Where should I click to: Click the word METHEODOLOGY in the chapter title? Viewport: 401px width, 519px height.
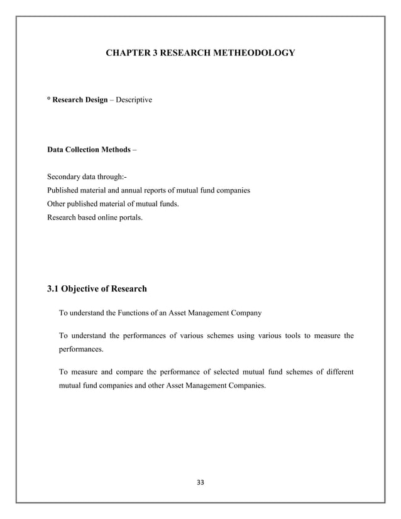(253, 53)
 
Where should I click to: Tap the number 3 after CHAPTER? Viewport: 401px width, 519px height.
(155, 53)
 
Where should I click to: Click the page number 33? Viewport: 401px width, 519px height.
(200, 483)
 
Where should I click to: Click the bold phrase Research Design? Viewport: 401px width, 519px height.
(77, 100)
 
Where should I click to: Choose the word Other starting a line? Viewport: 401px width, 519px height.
(58, 204)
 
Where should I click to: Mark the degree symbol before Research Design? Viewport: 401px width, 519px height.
(49, 99)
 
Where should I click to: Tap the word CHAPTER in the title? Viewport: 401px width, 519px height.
(126, 53)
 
